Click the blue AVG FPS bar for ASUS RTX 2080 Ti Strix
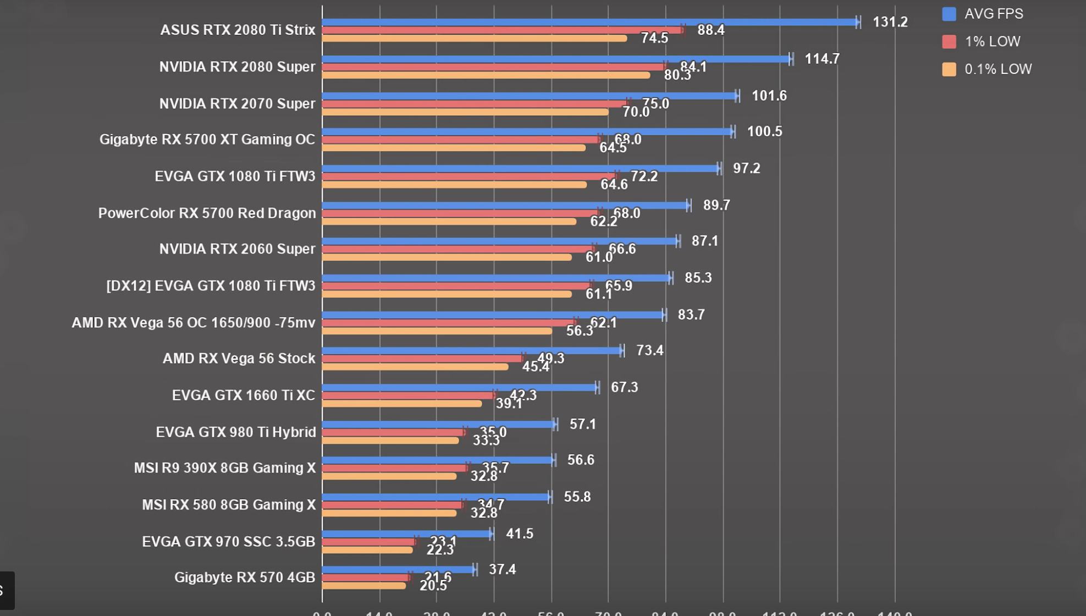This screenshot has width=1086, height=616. point(588,22)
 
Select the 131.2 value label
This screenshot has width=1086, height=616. point(890,22)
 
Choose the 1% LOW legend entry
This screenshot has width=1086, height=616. point(982,41)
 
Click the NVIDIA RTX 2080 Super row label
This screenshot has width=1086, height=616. point(237,67)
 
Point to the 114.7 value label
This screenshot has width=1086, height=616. point(822,59)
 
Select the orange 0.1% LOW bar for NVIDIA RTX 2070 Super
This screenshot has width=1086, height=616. point(465,112)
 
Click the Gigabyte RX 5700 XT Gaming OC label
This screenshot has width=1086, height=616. point(207,140)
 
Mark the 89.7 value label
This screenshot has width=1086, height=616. point(716,205)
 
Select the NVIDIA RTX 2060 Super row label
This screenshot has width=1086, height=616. point(237,249)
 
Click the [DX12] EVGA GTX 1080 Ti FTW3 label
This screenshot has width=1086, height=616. point(211,286)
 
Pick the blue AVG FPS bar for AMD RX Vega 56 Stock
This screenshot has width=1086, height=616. point(472,351)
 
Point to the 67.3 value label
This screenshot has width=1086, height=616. point(624,387)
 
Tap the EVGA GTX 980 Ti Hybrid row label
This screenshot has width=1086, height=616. point(235,432)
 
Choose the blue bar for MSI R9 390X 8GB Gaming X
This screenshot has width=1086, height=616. point(437,460)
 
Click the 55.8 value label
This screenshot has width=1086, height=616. point(577,497)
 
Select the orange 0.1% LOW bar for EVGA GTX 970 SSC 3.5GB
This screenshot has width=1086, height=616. point(367,550)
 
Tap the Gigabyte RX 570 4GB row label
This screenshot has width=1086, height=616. point(244,577)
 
